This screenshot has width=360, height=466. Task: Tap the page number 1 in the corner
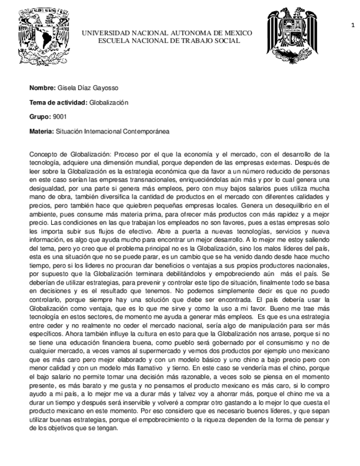(352, 24)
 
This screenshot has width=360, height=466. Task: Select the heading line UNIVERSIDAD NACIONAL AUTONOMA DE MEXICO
(167, 33)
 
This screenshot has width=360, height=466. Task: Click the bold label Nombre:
(42, 88)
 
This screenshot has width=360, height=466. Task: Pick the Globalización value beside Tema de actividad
(108, 103)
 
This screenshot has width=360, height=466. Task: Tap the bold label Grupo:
(40, 117)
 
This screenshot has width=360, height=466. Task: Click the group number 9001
(59, 117)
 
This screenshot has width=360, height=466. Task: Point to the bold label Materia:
(42, 132)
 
